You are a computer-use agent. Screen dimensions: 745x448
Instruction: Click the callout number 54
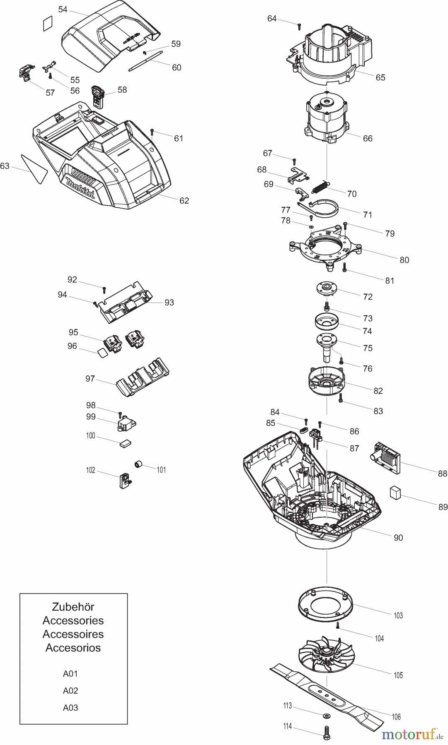point(63,9)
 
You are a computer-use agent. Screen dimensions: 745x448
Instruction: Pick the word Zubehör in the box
point(73,607)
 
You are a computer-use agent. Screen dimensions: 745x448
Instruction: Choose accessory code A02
point(70,690)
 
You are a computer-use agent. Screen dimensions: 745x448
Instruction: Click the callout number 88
point(442,473)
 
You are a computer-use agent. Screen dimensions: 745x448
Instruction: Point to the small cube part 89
point(395,493)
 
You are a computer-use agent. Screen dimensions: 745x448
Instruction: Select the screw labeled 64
point(299,26)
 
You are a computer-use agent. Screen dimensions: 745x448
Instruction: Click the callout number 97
point(90,379)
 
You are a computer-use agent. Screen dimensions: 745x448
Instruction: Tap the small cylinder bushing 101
point(138,465)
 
